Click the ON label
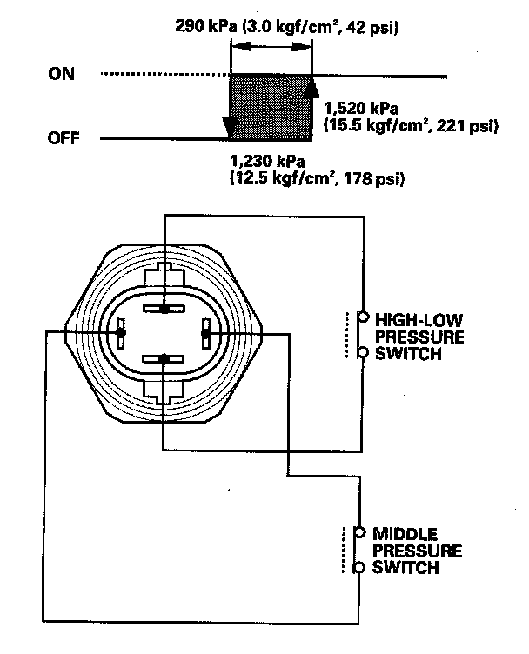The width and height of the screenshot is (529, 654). [61, 75]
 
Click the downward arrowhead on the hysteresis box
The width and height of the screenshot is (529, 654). [229, 128]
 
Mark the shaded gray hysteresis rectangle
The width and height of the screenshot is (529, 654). [270, 106]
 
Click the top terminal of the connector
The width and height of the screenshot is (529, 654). [163, 308]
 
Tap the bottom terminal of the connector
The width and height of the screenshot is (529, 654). [163, 357]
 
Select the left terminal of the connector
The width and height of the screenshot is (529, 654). [120, 333]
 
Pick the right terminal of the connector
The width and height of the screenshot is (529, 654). [206, 333]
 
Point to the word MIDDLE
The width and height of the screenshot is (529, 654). [404, 532]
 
